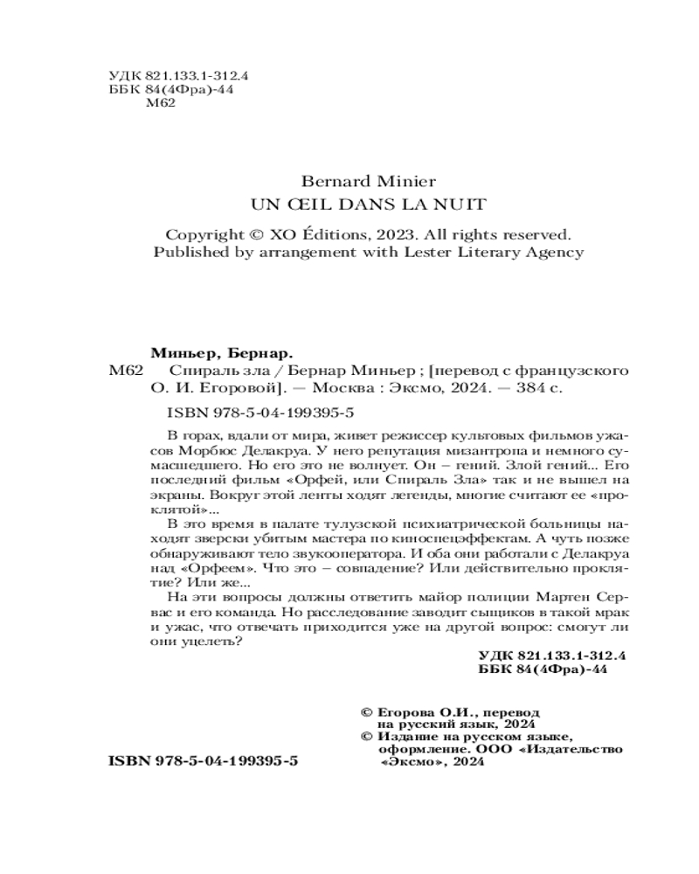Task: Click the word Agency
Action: (555, 253)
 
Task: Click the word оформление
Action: (417, 750)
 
